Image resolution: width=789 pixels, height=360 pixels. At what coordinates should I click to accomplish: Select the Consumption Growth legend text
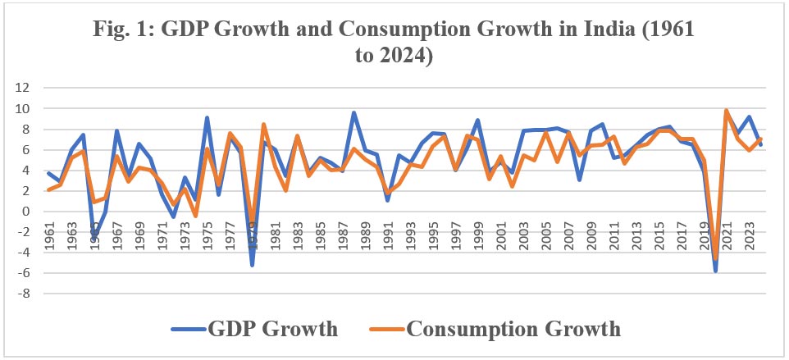[513, 329]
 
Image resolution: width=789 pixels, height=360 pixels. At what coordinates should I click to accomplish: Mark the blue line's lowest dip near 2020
[715, 271]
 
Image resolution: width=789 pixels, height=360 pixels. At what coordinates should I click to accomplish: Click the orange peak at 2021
[726, 110]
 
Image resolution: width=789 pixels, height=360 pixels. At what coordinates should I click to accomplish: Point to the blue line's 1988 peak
[353, 112]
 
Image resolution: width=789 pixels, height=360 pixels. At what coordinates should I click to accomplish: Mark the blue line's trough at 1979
[253, 265]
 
